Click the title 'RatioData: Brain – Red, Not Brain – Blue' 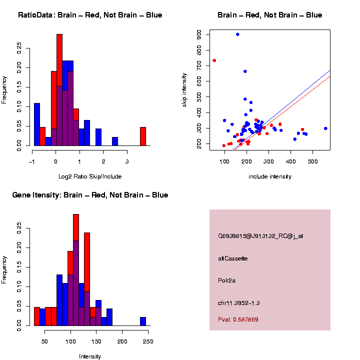coord(90,15)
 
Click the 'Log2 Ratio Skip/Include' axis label coord(90,176)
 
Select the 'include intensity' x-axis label coord(270,176)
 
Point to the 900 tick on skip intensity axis coord(199,34)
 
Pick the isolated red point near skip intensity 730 coord(214,60)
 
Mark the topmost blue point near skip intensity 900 coord(237,34)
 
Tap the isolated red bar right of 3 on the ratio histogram coord(143,136)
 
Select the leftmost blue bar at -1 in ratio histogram coord(36,124)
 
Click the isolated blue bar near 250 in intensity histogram coord(143,321)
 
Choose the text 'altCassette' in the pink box coord(233,258)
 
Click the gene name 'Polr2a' coord(227,280)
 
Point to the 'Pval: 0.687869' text coord(238,319)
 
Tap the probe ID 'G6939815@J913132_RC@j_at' coord(260,236)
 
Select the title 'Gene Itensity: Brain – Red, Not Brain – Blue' coord(90,195)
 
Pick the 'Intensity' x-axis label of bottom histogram coord(90,356)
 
